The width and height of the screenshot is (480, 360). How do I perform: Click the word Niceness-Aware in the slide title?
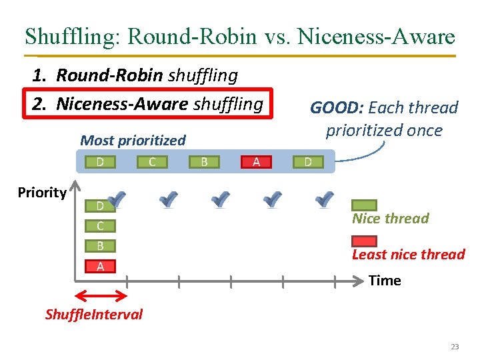click(379, 36)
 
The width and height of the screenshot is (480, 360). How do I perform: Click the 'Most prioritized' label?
click(133, 141)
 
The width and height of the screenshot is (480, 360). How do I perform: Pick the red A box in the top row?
click(256, 161)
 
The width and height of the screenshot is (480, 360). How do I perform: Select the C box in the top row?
click(152, 161)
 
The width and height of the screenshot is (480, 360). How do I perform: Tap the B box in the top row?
click(204, 161)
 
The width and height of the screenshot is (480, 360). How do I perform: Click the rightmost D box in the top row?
click(307, 161)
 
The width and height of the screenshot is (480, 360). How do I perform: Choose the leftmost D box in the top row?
click(99, 161)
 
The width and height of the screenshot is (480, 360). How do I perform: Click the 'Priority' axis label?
click(42, 193)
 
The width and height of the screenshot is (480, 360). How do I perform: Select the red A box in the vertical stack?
click(100, 266)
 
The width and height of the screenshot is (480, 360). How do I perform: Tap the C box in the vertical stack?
click(100, 226)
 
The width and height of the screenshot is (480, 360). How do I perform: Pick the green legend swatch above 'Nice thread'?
click(364, 205)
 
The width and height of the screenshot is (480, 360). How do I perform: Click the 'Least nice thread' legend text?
click(408, 255)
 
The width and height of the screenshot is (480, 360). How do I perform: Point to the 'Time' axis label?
click(385, 281)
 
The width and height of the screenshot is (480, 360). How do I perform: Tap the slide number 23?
click(455, 347)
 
